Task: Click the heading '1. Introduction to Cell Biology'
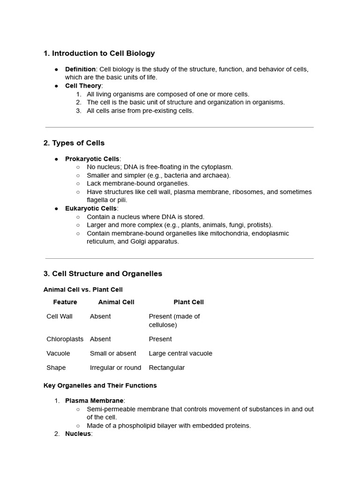99,53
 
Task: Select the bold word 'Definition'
80,69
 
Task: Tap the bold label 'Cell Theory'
83,86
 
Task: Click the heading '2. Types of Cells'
74,143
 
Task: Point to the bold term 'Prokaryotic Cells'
92,159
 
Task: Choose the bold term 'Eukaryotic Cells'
91,209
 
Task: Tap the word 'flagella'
98,200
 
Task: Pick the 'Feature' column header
65,302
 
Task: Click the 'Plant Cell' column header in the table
188,302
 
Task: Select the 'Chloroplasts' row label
65,339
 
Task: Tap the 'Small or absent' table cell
113,353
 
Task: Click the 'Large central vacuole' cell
180,353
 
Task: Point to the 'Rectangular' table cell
166,367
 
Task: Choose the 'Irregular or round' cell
115,367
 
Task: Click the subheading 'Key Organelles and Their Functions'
100,385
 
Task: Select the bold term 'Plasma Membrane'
94,401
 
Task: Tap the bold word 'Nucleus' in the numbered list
77,434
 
